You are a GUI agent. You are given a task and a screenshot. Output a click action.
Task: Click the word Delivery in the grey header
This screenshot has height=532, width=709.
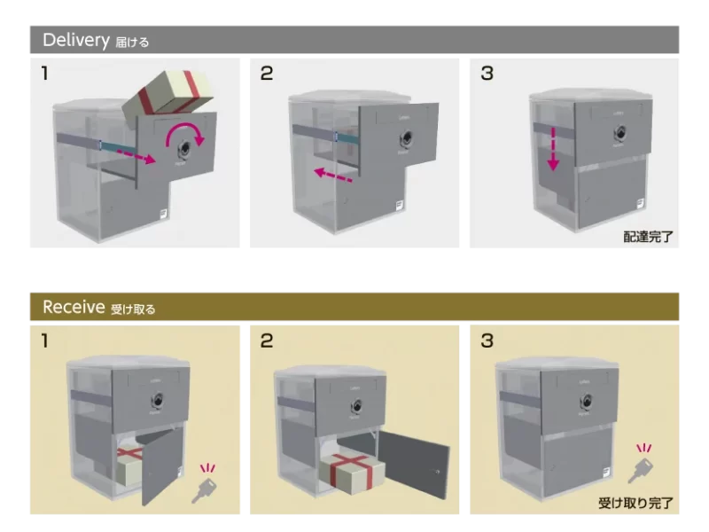(75, 40)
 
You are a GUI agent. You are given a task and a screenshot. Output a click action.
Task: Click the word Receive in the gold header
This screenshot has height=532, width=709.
(74, 308)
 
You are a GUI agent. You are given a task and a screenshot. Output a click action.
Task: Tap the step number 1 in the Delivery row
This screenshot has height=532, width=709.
(45, 74)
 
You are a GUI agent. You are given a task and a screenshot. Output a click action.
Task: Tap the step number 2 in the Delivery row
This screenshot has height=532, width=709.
(266, 74)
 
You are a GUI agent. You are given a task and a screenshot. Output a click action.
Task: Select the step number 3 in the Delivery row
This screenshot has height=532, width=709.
(486, 74)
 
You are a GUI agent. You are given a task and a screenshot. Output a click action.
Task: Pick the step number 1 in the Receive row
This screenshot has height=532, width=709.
(45, 340)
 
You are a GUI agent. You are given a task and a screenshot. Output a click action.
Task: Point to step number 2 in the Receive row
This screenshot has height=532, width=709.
(266, 340)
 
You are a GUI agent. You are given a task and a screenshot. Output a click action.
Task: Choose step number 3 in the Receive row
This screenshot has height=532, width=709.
(486, 340)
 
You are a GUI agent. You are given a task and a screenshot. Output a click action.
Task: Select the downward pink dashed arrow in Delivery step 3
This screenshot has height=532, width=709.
(551, 147)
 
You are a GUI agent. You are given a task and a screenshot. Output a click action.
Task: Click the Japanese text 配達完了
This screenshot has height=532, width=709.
(648, 237)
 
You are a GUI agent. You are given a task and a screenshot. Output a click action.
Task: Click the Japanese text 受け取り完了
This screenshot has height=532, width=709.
(635, 504)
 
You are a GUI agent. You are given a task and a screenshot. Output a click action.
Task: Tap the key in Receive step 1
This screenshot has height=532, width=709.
(206, 489)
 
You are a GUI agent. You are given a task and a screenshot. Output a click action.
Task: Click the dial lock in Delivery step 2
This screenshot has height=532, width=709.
(408, 140)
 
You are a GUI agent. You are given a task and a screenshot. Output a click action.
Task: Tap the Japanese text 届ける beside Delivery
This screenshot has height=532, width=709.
(132, 42)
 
